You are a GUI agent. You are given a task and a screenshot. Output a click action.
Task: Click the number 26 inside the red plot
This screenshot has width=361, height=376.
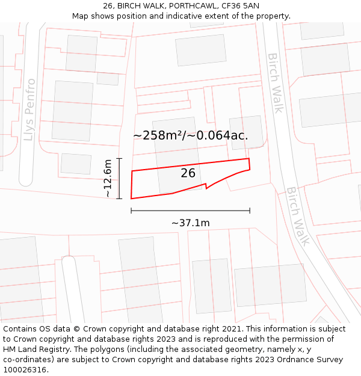[188, 173]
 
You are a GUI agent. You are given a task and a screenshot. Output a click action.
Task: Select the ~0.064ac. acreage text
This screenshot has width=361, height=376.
[221, 135]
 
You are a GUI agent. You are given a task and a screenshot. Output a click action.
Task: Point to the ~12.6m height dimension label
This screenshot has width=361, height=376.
[107, 178]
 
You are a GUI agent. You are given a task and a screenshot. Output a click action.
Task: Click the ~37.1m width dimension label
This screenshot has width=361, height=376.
[190, 223]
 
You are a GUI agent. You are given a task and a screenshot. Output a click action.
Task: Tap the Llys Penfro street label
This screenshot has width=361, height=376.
[28, 109]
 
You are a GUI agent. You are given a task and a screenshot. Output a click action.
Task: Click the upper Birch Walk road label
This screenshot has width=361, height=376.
[275, 82]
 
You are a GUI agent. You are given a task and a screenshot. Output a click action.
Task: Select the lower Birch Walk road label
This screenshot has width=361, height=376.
[297, 215]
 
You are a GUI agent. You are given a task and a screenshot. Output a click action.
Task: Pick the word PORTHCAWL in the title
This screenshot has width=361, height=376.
[190, 5]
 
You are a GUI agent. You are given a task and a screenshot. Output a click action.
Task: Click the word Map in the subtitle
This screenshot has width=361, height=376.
[81, 16]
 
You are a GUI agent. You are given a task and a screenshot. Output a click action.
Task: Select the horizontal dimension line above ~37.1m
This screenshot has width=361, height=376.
[190, 211]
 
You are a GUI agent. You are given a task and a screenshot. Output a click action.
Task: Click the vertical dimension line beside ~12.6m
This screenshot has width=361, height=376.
[120, 178]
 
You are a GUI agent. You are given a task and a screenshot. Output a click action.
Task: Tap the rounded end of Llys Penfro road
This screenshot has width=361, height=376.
[26, 180]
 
